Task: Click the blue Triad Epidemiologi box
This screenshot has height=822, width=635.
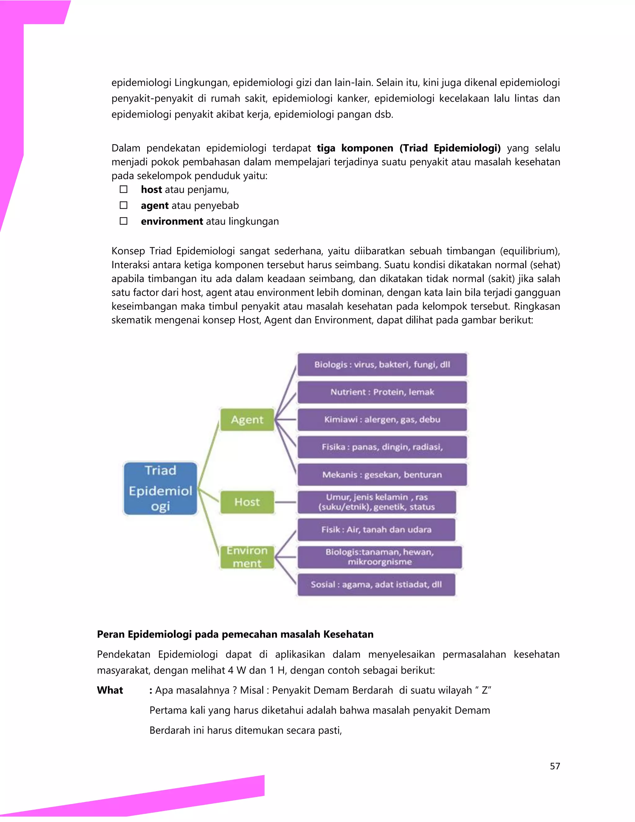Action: (160, 488)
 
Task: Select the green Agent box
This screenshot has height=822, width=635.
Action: (247, 419)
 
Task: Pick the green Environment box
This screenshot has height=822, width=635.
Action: (247, 557)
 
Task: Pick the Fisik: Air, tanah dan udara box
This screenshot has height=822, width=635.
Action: (376, 529)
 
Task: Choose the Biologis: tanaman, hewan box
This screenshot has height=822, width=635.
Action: (379, 557)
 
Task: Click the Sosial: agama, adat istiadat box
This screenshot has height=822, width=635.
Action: (376, 584)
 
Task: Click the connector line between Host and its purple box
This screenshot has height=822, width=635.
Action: (286, 502)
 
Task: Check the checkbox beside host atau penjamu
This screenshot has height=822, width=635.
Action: (124, 189)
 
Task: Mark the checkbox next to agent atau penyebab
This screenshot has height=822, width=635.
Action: (124, 205)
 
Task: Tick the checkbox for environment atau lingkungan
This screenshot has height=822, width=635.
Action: (124, 221)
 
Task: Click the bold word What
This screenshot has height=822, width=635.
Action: (110, 690)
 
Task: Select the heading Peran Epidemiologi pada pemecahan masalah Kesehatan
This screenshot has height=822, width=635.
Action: (235, 634)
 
